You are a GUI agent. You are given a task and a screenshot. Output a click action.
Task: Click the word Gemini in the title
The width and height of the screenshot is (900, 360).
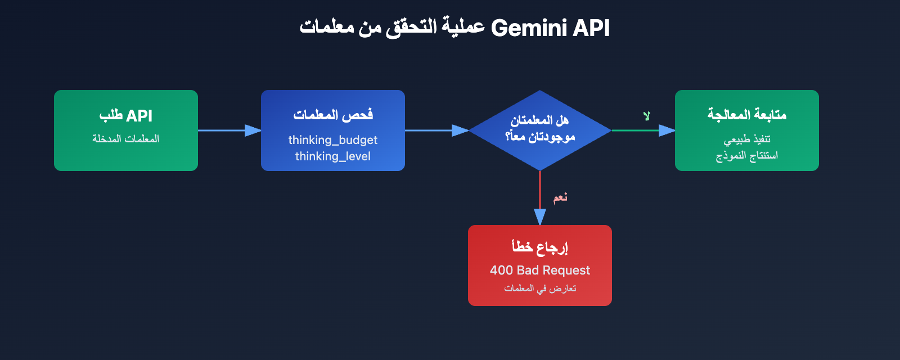(529, 28)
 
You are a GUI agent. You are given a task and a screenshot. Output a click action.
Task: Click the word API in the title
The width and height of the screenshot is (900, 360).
(591, 28)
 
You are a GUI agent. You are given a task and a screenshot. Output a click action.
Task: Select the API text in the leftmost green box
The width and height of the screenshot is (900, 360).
(139, 116)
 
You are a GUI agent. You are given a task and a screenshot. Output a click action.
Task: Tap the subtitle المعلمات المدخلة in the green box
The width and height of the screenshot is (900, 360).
(126, 139)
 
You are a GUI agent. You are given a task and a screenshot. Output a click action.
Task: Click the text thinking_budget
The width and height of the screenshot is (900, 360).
(332, 140)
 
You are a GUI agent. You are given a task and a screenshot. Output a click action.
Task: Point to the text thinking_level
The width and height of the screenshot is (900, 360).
(332, 156)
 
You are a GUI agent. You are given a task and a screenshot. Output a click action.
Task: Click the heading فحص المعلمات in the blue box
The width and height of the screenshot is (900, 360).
(332, 115)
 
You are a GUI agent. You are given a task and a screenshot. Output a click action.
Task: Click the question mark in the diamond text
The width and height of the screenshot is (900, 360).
(508, 137)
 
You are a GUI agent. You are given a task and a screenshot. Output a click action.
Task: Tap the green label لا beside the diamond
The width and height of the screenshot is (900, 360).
(647, 116)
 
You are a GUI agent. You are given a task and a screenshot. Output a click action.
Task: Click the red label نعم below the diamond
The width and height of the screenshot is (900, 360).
(560, 197)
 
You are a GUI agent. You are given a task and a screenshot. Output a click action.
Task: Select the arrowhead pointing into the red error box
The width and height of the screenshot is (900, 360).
(540, 217)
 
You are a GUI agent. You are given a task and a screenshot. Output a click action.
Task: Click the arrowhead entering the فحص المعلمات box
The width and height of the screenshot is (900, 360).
(253, 130)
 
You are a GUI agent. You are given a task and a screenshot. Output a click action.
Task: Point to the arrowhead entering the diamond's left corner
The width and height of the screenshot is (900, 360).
(460, 130)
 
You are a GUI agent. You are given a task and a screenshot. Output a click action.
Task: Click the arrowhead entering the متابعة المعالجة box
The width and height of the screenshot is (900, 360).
(667, 130)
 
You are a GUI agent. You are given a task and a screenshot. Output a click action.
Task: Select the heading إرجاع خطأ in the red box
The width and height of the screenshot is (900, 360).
(540, 247)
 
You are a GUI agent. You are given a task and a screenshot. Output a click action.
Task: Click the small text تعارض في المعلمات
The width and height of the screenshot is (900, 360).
(540, 289)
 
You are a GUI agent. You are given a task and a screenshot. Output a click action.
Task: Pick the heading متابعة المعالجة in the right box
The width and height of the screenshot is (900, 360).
(746, 115)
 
